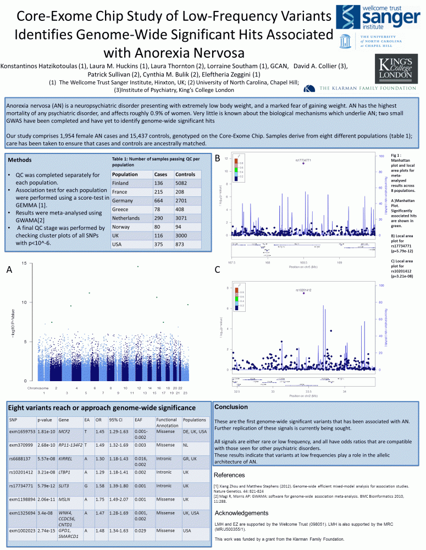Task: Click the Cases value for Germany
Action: coord(161,200)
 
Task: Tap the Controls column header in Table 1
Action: coord(186,174)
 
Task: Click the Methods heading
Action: coord(23,160)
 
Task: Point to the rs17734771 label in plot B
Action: coord(303,160)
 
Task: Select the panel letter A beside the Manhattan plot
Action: coord(9,269)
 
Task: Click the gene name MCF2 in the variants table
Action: coord(64,431)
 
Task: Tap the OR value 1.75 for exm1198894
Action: coord(99,499)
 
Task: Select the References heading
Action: coord(229,475)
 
